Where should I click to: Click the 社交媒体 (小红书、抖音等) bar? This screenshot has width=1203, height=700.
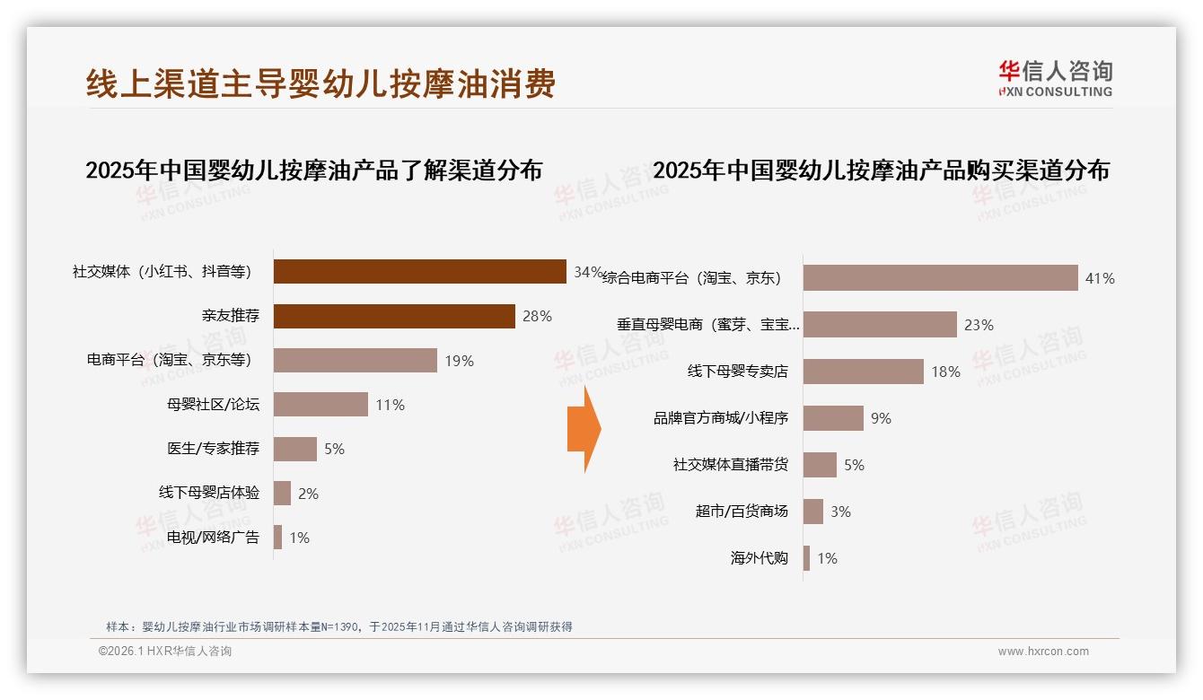pyautogui.click(x=419, y=272)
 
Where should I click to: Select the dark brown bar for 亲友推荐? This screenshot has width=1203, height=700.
pyautogui.click(x=393, y=316)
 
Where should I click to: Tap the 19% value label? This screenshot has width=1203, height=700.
pyautogui.click(x=459, y=361)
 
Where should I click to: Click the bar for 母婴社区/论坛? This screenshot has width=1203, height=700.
pyautogui.click(x=321, y=404)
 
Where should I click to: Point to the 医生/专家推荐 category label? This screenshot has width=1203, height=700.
pyautogui.click(x=213, y=448)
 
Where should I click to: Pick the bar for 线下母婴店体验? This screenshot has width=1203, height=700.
pyautogui.click(x=282, y=493)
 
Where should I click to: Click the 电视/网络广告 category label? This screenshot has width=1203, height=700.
pyautogui.click(x=213, y=538)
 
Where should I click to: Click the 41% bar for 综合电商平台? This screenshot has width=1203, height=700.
pyautogui.click(x=940, y=278)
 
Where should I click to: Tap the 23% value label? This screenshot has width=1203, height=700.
pyautogui.click(x=979, y=325)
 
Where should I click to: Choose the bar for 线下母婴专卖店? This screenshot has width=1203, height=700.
pyautogui.click(x=863, y=372)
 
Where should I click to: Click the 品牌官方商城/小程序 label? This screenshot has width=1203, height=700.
pyautogui.click(x=720, y=418)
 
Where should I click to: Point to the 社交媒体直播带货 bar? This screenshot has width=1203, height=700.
pyautogui.click(x=820, y=465)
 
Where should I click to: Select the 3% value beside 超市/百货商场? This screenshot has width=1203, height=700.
pyautogui.click(x=840, y=512)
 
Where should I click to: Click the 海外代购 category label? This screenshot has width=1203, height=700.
pyautogui.click(x=759, y=558)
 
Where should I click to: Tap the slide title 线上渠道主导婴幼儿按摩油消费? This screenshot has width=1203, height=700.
pyautogui.click(x=321, y=83)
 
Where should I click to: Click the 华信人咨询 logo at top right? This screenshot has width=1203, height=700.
pyautogui.click(x=1055, y=79)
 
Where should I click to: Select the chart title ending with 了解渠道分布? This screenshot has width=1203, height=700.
pyautogui.click(x=314, y=171)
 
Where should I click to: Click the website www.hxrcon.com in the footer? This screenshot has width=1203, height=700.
pyautogui.click(x=1043, y=652)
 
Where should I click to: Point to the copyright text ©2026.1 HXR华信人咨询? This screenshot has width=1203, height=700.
pyautogui.click(x=165, y=652)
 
